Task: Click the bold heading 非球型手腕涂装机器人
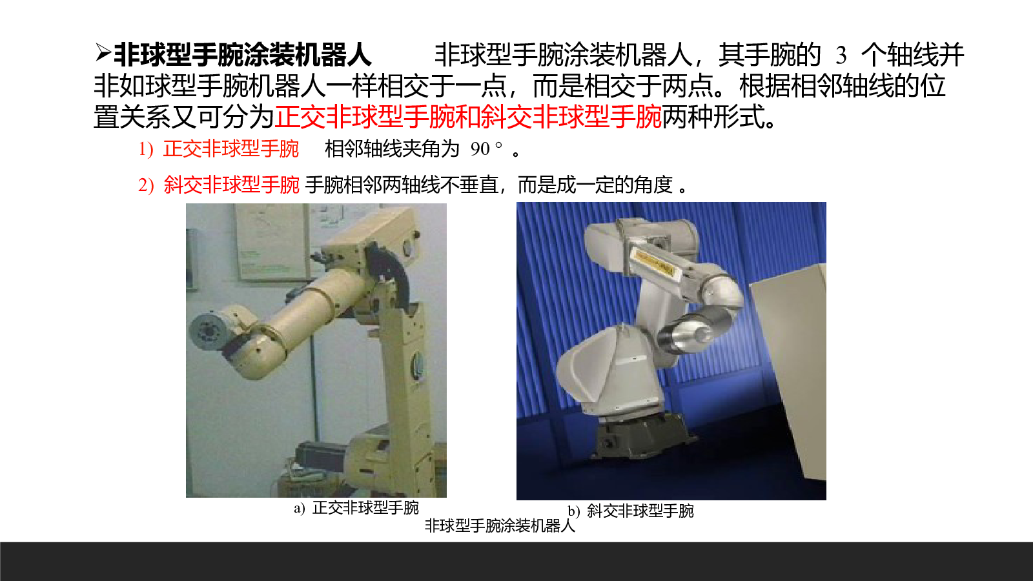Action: [243, 55]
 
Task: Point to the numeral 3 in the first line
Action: [841, 56]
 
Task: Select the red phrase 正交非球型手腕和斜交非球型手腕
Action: [468, 117]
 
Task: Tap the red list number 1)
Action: [146, 149]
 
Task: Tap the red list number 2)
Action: [146, 185]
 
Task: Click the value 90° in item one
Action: [486, 148]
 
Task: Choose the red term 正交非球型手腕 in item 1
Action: [231, 149]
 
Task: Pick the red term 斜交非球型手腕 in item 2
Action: [232, 185]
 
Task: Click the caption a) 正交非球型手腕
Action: [356, 507]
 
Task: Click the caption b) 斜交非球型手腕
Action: [630, 511]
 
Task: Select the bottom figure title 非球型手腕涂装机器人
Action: [500, 525]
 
